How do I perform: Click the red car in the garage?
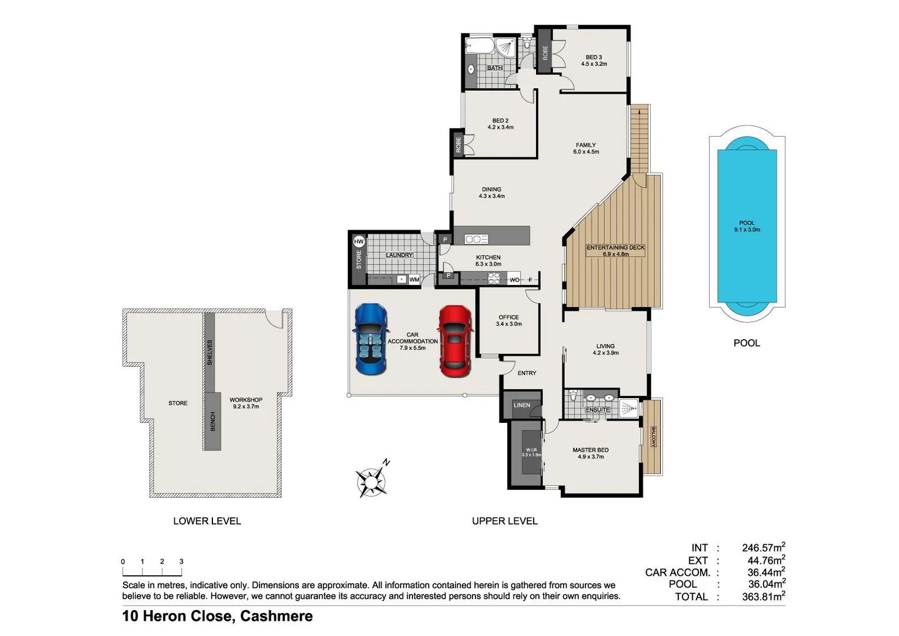[x=455, y=341]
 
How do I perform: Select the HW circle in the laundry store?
[x=359, y=241]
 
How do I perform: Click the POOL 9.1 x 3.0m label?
[x=747, y=226]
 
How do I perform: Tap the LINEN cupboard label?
[x=522, y=405]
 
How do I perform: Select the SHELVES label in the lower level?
[x=210, y=352]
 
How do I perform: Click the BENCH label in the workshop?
[x=213, y=421]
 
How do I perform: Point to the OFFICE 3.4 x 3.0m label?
[x=509, y=320]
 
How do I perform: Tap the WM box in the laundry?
[x=414, y=280]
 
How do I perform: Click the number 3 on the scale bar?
[x=181, y=562]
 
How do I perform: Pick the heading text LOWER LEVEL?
[x=207, y=521]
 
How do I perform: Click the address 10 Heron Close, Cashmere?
[x=218, y=617]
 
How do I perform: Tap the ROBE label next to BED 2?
[x=458, y=144]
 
